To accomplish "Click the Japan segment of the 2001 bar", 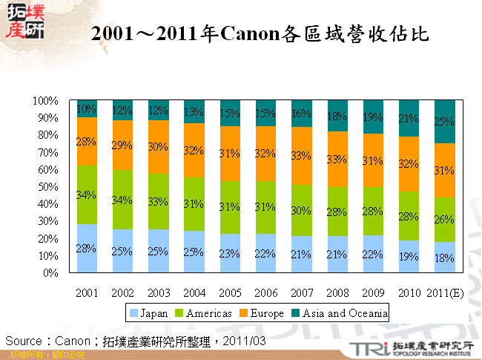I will pos(87,248).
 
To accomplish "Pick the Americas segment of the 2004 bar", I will pos(194,204).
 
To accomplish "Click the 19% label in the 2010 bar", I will pos(409,258).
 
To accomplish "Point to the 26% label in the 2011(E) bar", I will pos(444,220).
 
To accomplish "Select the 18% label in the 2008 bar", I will pos(337,117).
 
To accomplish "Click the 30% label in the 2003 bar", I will pos(159,146).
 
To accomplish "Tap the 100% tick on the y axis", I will pos(46,100).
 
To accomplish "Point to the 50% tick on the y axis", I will pos(48,186).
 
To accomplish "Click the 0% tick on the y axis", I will pos(51,273).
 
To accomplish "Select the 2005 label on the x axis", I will pos(230,293).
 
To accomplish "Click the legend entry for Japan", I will pos(149,313).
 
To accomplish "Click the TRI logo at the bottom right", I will pos(366,348).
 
